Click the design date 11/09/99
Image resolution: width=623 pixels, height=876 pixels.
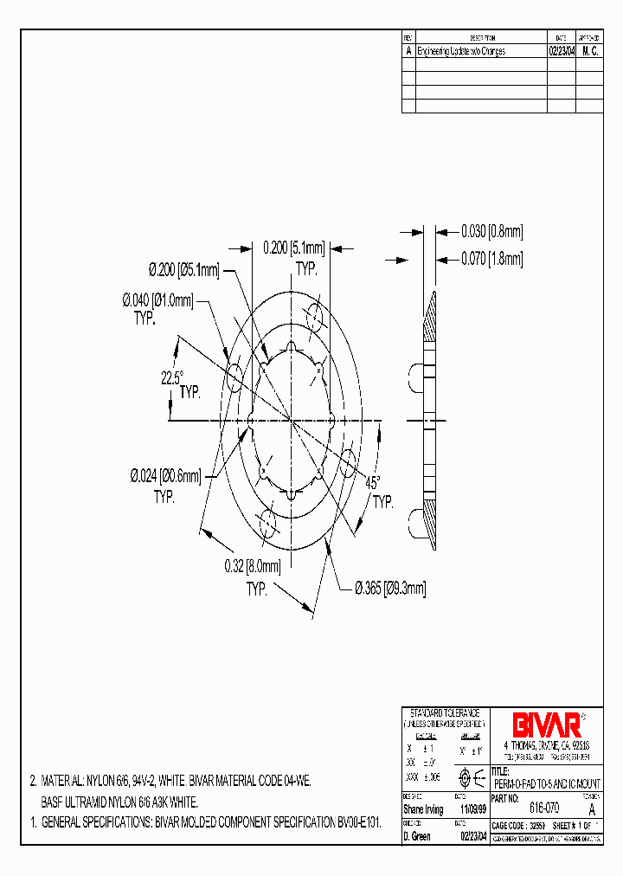pyautogui.click(x=472, y=809)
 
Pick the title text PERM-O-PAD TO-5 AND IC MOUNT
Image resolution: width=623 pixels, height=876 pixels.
pyautogui.click(x=546, y=783)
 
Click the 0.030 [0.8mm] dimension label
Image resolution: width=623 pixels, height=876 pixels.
pyautogui.click(x=491, y=232)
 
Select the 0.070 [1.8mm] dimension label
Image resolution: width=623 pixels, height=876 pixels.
pyautogui.click(x=491, y=258)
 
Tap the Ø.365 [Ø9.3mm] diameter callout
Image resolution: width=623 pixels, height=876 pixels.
pyautogui.click(x=390, y=588)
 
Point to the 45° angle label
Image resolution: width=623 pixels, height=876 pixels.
pyautogui.click(x=372, y=484)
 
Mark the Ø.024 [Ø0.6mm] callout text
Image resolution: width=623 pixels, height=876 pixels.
pyautogui.click(x=165, y=476)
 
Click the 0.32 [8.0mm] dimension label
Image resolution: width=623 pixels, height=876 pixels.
pyautogui.click(x=254, y=568)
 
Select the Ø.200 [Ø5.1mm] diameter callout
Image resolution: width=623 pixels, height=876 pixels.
pyautogui.click(x=183, y=270)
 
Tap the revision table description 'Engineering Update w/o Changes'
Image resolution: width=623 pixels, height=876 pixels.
pyautogui.click(x=461, y=51)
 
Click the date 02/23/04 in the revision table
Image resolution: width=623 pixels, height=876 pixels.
pyautogui.click(x=561, y=51)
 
